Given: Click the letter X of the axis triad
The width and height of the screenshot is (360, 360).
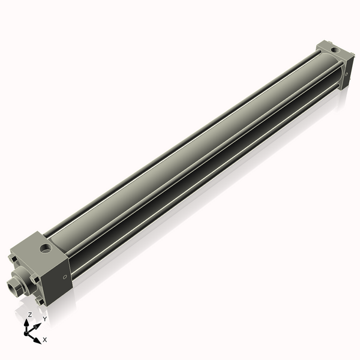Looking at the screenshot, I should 45,340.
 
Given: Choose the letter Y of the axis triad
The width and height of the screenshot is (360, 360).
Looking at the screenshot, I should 44,319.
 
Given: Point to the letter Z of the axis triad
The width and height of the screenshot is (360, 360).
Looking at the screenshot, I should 30,314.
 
